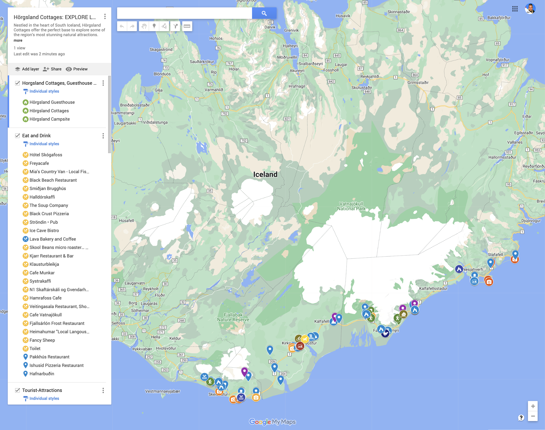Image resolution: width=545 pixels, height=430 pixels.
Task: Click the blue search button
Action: [264, 13]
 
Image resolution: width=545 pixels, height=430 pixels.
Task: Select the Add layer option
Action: [27, 69]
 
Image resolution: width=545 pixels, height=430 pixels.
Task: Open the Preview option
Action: [77, 69]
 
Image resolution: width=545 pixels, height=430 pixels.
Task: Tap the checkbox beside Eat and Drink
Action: [17, 136]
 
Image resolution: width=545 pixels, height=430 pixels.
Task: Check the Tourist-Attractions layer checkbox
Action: [17, 390]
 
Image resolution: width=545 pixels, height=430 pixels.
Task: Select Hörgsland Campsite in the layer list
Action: [49, 119]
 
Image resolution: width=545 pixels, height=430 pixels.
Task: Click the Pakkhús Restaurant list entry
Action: [49, 357]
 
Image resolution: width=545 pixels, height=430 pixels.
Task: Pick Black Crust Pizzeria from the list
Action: [49, 213]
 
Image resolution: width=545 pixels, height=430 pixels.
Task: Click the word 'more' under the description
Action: [18, 41]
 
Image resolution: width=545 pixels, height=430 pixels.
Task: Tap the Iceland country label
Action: [265, 174]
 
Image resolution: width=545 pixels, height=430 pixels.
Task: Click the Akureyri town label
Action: [297, 71]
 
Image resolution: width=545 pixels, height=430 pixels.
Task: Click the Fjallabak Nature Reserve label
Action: [233, 317]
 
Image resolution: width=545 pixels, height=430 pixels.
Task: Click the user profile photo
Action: [530, 9]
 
